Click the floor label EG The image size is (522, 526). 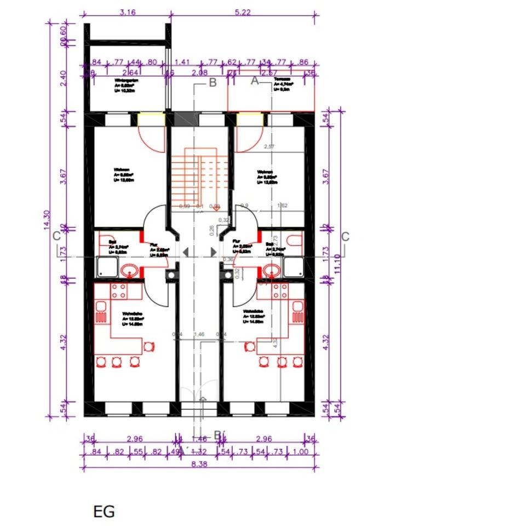[104, 512]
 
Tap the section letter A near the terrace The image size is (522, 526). [255, 81]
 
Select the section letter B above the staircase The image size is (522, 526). [213, 83]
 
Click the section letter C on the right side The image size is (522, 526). [345, 237]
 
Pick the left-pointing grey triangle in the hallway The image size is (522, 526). [186, 251]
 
